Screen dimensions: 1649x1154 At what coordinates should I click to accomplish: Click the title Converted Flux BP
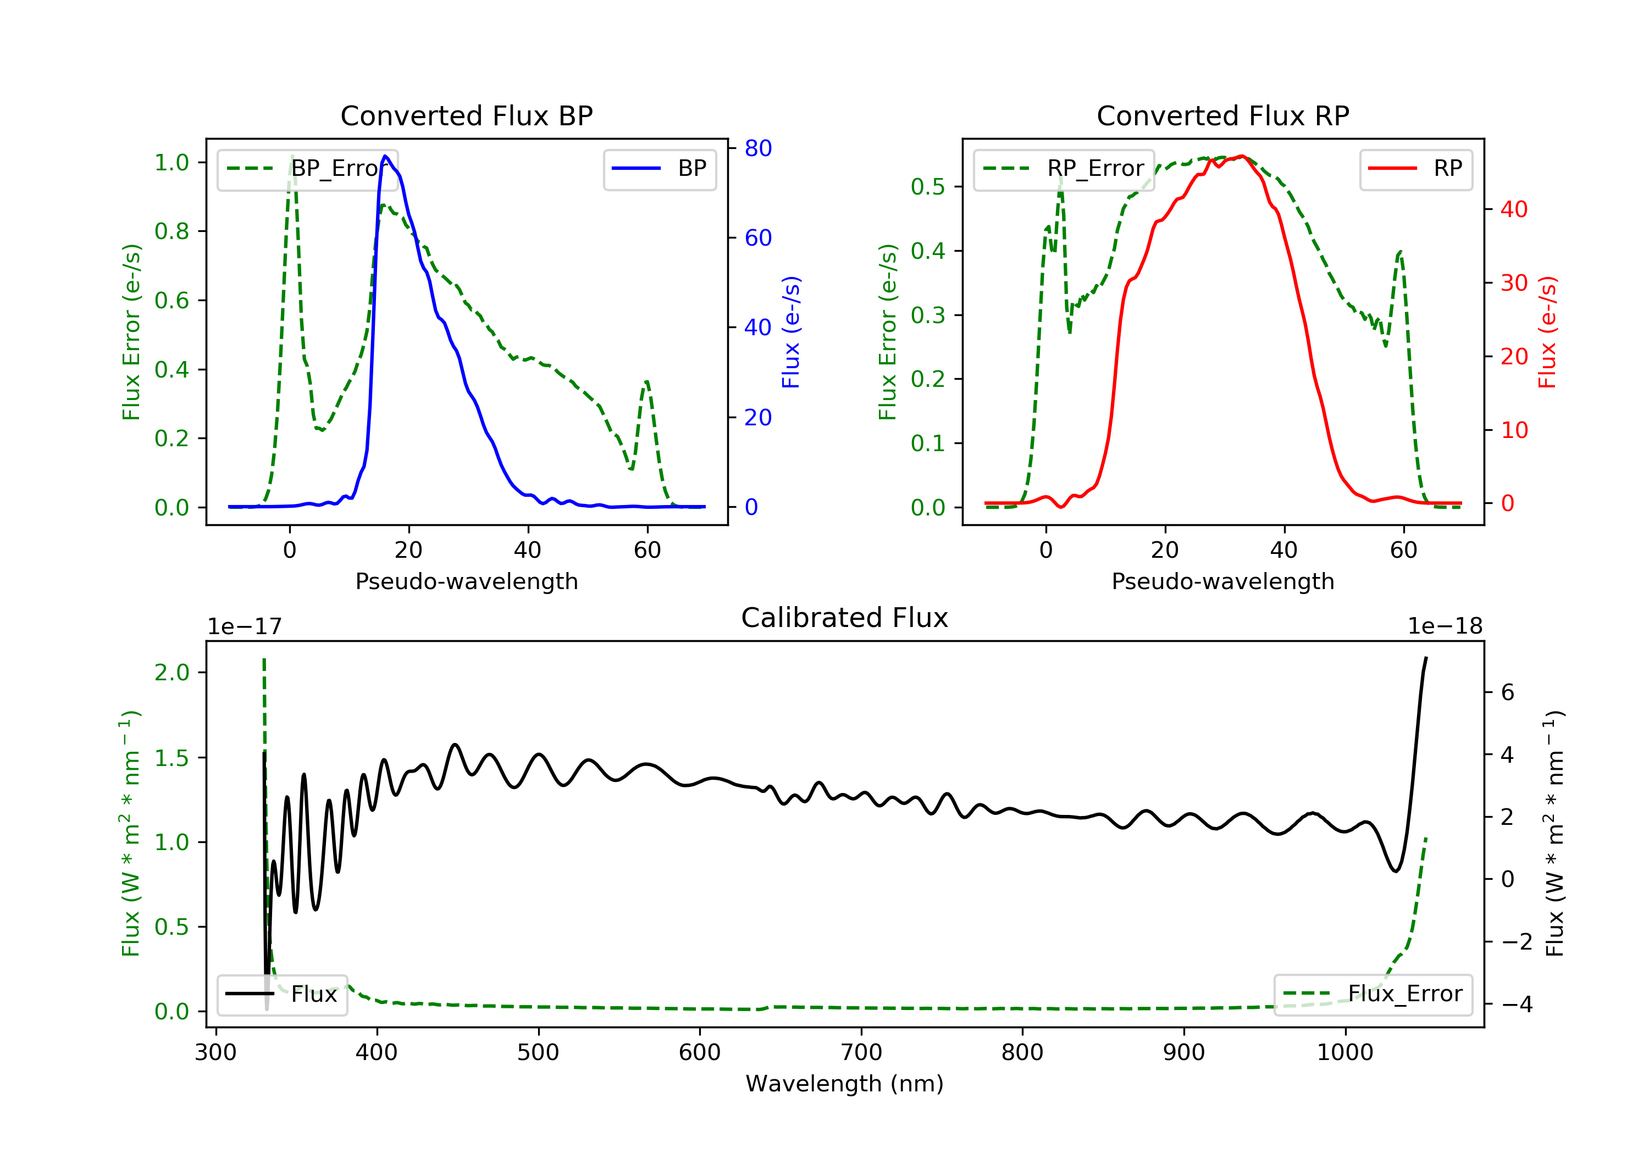[x=466, y=115]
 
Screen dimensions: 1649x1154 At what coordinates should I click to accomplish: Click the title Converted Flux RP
[x=1222, y=115]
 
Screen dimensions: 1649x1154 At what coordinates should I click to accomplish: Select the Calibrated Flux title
[x=845, y=618]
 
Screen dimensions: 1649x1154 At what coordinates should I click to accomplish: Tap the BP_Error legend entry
[x=307, y=169]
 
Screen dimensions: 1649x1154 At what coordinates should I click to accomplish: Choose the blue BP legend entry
[x=659, y=169]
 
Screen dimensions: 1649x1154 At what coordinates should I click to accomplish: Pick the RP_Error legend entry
[x=1064, y=169]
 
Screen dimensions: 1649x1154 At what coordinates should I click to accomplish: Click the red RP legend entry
[x=1415, y=169]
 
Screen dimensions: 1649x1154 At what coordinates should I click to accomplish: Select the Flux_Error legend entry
[x=1373, y=994]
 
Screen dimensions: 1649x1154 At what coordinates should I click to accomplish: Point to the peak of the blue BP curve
[x=386, y=156]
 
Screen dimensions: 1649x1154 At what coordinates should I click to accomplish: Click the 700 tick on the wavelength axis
[x=861, y=1052]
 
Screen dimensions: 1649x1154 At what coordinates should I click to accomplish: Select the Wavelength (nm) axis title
[x=845, y=1084]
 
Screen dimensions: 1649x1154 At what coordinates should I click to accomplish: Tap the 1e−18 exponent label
[x=1445, y=626]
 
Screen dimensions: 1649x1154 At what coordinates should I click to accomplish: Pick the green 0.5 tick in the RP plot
[x=927, y=187]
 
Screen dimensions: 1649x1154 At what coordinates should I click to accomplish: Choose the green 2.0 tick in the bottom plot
[x=171, y=672]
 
